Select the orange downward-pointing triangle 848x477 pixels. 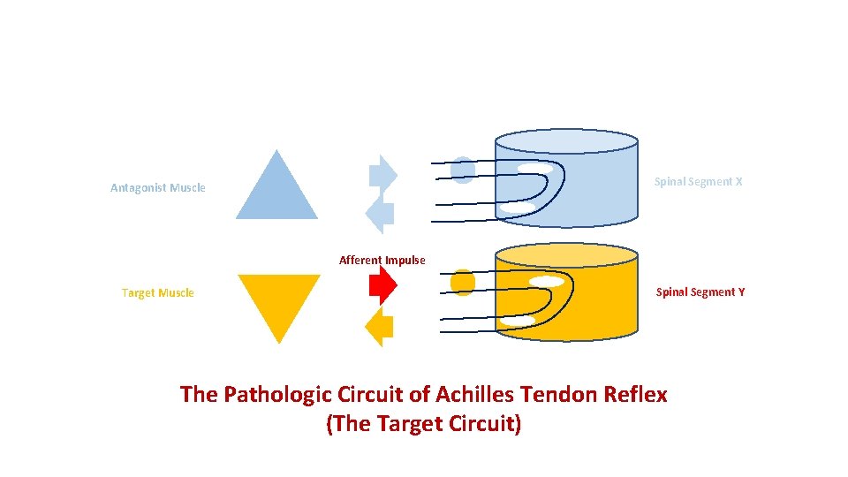279,300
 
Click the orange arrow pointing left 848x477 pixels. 380,329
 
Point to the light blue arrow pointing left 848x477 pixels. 380,214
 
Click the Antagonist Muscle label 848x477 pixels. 158,187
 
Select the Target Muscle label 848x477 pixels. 158,292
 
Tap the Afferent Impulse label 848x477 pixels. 382,260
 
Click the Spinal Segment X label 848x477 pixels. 698,181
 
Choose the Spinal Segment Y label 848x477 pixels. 700,291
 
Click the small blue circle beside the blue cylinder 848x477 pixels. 463,169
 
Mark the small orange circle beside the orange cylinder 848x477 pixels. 463,282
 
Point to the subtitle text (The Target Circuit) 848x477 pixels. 424,424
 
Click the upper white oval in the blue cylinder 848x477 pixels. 535,168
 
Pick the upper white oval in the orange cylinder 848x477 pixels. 548,282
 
